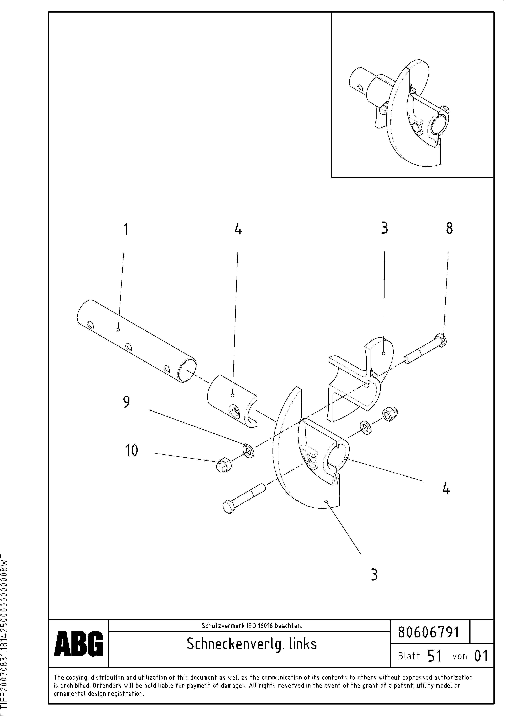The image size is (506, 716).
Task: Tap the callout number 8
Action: [449, 229]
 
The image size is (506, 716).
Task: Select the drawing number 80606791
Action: [429, 633]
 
